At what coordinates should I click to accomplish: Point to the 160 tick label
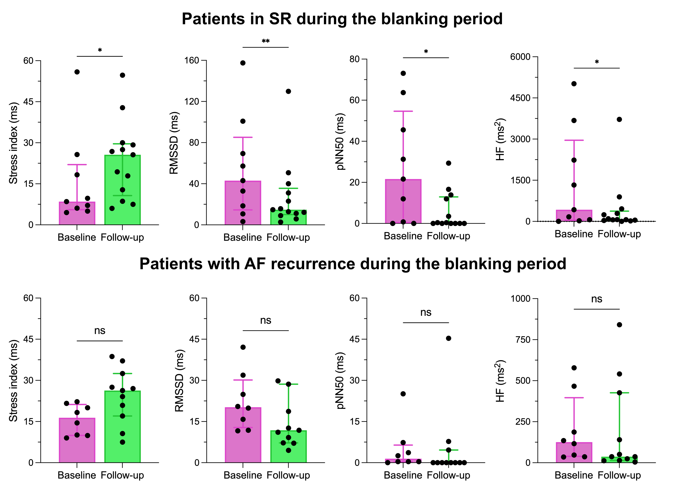[192, 60]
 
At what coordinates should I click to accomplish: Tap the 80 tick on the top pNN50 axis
[354, 59]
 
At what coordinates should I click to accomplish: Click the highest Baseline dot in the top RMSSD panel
[243, 63]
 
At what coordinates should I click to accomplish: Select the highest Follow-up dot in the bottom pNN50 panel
[448, 338]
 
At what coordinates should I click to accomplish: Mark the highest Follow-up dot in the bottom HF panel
[619, 325]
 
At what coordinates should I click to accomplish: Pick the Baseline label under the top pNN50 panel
[403, 236]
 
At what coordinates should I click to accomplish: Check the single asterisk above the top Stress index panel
[100, 50]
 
